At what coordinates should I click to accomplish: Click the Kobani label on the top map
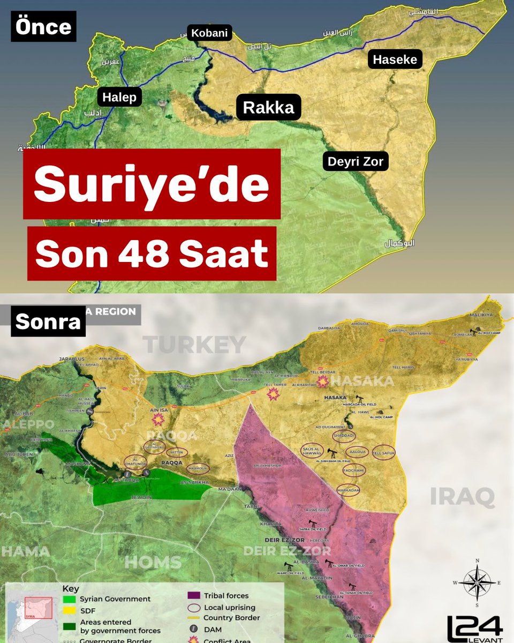(209, 34)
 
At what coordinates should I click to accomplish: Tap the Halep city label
(119, 97)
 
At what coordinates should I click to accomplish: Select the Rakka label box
(268, 108)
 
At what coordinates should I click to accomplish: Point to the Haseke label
(395, 59)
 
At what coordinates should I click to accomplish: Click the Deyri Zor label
(356, 161)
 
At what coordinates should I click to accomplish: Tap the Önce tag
(43, 27)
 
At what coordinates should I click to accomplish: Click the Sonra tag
(48, 321)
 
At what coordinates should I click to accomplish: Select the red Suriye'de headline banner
(152, 184)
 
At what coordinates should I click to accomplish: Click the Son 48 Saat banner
(152, 253)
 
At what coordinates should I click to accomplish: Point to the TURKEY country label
(195, 345)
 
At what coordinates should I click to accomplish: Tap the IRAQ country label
(463, 497)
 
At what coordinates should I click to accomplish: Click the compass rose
(474, 582)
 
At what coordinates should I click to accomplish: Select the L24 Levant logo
(475, 628)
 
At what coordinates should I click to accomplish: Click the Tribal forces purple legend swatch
(193, 595)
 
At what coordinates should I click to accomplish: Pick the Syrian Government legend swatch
(69, 599)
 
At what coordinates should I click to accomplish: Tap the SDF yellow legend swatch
(69, 610)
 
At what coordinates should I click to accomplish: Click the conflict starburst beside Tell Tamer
(274, 395)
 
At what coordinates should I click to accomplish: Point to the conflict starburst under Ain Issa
(158, 420)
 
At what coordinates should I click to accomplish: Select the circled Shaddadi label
(343, 435)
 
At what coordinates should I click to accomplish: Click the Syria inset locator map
(32, 611)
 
